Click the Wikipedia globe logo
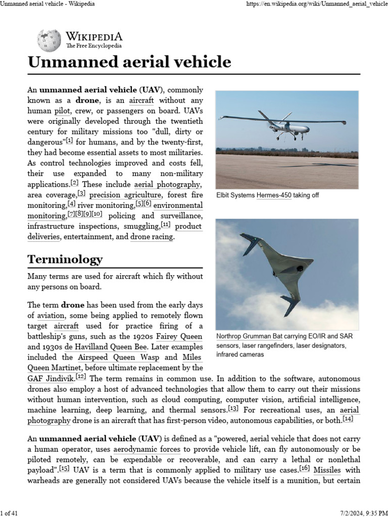[x=49, y=40]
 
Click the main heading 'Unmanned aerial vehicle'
[x=129, y=62]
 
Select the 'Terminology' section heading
[x=65, y=259]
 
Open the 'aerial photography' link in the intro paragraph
[x=167, y=184]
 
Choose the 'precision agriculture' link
[x=126, y=195]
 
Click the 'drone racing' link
[x=152, y=237]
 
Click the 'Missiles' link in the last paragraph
[x=326, y=470]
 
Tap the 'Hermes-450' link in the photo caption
[x=274, y=195]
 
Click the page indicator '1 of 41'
[x=10, y=513]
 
